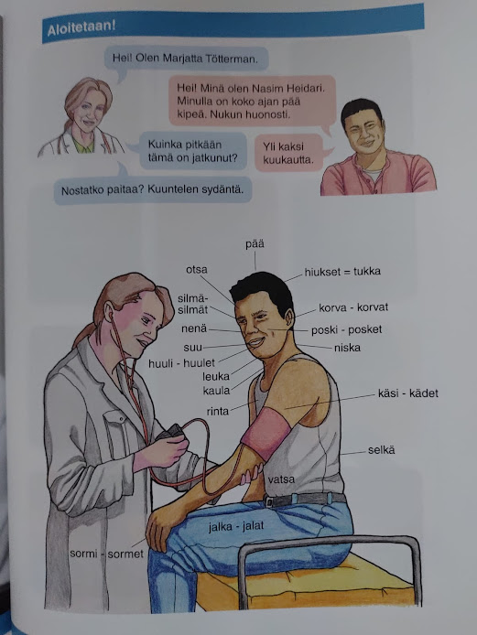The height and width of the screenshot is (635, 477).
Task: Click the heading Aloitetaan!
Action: (x=81, y=28)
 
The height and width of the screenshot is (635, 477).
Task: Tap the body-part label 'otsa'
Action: (x=197, y=270)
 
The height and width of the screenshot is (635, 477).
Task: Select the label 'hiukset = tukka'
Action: (x=342, y=272)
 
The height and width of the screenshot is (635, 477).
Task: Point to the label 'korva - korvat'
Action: (x=353, y=307)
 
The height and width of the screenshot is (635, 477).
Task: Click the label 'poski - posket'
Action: (x=346, y=329)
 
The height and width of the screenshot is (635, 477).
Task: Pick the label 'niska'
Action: (x=347, y=348)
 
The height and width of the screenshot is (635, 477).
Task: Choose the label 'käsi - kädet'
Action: (x=407, y=393)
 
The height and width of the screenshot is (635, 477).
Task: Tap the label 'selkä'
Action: (x=382, y=450)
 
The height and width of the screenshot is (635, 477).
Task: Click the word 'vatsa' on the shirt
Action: (x=281, y=479)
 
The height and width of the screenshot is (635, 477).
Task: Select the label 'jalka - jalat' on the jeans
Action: (x=236, y=526)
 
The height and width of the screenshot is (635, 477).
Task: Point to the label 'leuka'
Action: (x=216, y=377)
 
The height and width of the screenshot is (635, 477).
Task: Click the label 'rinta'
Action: (x=218, y=412)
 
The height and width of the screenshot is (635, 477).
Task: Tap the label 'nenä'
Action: (x=194, y=328)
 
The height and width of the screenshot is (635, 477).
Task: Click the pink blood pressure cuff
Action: (x=266, y=431)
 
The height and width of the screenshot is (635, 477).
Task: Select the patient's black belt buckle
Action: (x=270, y=501)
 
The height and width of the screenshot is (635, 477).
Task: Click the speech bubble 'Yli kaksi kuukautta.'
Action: (x=288, y=153)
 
